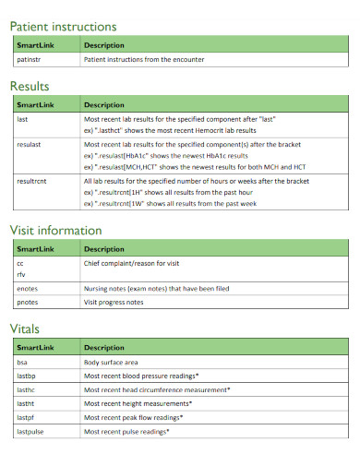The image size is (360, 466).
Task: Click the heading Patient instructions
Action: tap(63, 26)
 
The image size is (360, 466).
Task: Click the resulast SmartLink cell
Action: tap(31, 145)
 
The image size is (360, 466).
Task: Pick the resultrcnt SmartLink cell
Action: tap(32, 181)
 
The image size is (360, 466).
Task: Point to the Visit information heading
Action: tap(55, 230)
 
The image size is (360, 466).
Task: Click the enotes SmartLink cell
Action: tap(27, 289)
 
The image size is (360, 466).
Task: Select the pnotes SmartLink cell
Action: tap(28, 302)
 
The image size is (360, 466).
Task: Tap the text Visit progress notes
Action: tap(114, 302)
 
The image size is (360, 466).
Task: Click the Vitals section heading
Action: tap(25, 328)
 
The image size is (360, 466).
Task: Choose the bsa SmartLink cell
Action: tap(23, 363)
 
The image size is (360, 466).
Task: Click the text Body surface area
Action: tap(111, 363)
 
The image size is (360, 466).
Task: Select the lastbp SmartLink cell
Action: tap(27, 376)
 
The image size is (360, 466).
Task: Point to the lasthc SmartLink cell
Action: tap(27, 390)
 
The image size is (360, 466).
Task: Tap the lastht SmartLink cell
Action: tap(26, 404)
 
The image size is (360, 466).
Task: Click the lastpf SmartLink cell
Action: tap(26, 418)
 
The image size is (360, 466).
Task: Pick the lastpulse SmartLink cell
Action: tap(30, 432)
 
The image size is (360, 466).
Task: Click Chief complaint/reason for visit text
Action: tap(131, 264)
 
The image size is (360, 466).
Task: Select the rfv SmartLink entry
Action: tap(21, 275)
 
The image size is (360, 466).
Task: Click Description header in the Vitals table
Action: tap(104, 348)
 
